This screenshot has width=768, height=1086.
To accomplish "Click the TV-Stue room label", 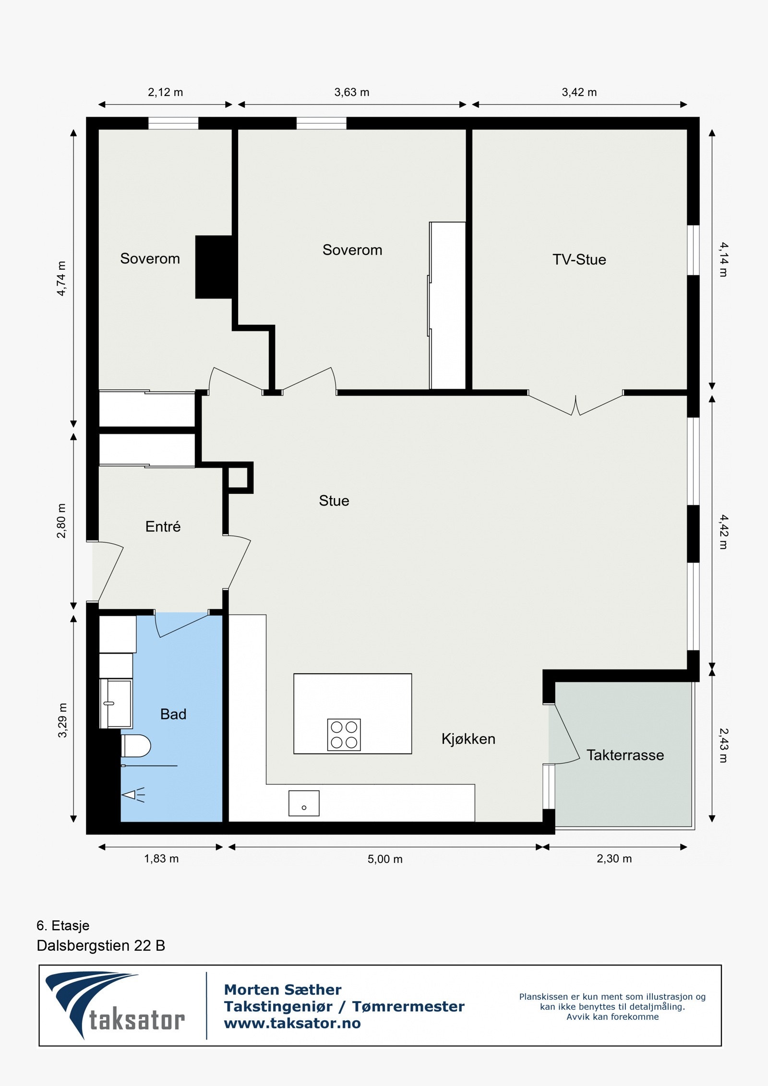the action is click(579, 260).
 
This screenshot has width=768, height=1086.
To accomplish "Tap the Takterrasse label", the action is click(625, 755).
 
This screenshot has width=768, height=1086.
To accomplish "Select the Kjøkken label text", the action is click(468, 739).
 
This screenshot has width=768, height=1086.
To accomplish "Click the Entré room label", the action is click(163, 526).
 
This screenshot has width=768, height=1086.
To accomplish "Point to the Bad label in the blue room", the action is click(173, 714).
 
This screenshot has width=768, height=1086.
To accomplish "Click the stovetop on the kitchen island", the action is click(344, 735).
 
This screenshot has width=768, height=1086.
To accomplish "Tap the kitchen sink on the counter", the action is click(304, 803).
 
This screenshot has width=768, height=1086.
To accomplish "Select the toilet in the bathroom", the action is click(136, 746).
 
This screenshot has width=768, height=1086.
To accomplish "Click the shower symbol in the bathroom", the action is click(133, 795).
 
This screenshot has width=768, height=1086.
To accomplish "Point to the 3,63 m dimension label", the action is click(352, 92).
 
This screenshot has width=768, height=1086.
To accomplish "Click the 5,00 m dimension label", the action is click(385, 859).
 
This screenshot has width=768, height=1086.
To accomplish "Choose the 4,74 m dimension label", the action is click(61, 278).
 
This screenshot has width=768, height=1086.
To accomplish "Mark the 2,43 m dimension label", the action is click(724, 745).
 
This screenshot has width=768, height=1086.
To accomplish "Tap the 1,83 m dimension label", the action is click(161, 859).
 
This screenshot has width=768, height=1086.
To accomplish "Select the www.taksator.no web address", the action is click(292, 1023).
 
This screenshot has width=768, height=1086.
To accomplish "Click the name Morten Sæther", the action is click(283, 990).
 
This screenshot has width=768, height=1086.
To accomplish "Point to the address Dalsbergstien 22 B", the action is click(101, 945).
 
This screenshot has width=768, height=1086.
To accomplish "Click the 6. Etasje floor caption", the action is click(63, 925).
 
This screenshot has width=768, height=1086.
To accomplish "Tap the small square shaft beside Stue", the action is click(238, 478).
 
